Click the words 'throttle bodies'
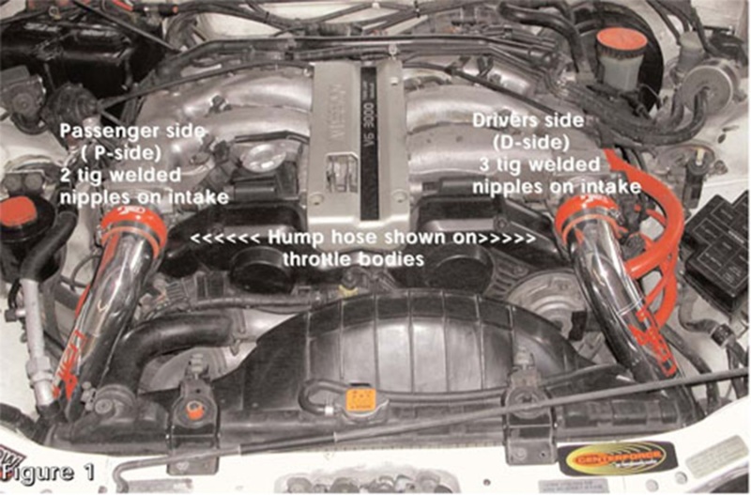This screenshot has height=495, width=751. [362, 258]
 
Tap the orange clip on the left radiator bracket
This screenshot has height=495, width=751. [194, 409]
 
